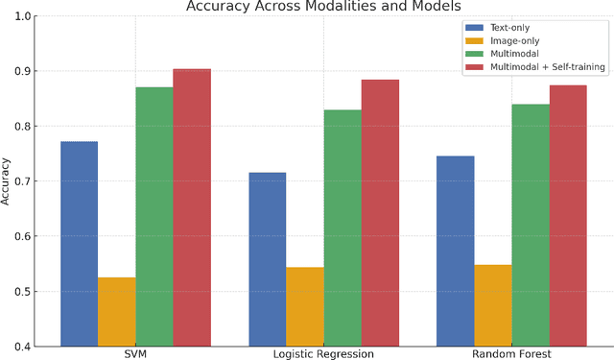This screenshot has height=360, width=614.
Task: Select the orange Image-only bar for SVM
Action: (x=116, y=311)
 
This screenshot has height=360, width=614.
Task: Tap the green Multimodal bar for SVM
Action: (x=153, y=216)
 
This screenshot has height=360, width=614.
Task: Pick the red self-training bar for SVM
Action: (x=191, y=206)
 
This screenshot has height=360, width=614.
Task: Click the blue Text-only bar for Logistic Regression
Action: (x=267, y=258)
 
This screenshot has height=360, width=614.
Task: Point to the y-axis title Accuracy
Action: (x=8, y=181)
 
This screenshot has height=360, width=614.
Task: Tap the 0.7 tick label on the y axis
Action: (x=23, y=181)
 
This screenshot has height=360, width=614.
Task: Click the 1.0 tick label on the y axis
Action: (x=23, y=16)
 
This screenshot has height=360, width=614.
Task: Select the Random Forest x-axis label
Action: (x=511, y=353)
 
